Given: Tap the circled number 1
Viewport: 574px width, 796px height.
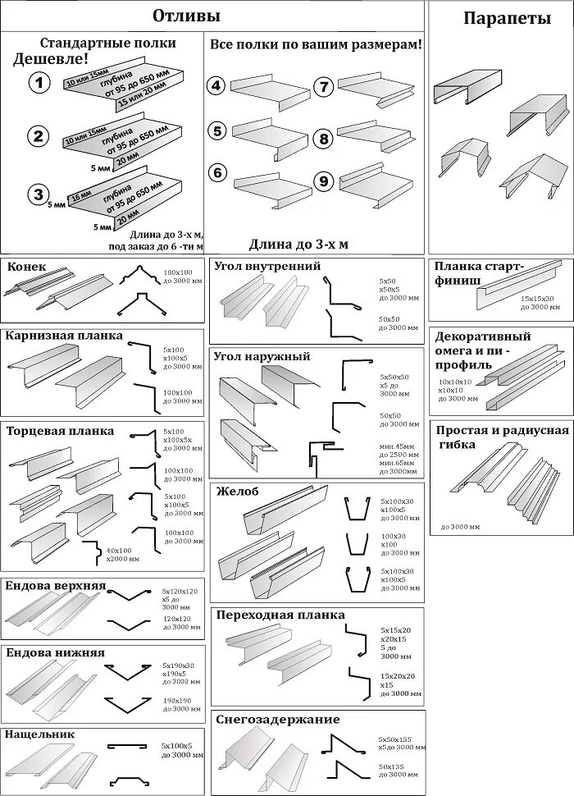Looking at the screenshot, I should click(x=39, y=82).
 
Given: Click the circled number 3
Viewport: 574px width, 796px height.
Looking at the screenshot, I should click(x=39, y=194).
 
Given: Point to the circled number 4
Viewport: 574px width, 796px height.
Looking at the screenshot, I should click(x=216, y=85).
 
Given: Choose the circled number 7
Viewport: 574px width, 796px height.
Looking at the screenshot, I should click(x=323, y=86).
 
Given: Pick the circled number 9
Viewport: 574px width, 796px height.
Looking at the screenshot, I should click(x=323, y=181).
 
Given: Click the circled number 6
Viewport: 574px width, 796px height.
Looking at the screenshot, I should click(x=216, y=172).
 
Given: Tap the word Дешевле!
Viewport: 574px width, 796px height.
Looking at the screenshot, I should click(x=51, y=59).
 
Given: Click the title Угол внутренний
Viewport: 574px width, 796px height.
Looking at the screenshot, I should click(x=266, y=266).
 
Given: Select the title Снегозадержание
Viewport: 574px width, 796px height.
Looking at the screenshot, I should click(x=277, y=720).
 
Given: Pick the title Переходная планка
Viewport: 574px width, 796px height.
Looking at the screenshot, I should click(x=280, y=615).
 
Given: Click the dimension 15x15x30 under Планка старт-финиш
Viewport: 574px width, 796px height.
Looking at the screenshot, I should click(x=538, y=299).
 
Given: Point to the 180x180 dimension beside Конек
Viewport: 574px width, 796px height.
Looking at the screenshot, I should click(x=176, y=272).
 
